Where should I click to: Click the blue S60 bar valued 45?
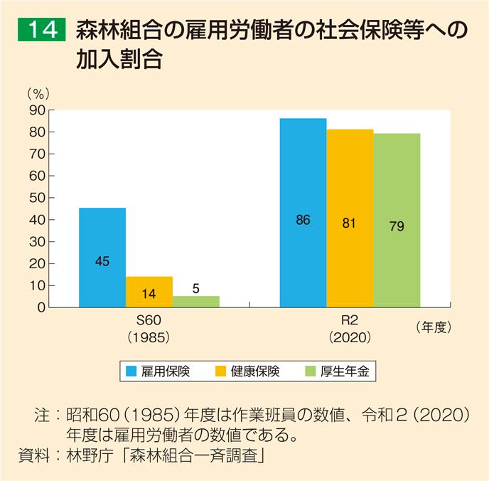[x=102, y=257]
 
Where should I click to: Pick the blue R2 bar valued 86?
[x=303, y=212]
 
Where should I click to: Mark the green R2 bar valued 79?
[x=397, y=220]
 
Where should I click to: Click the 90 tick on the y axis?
[x=37, y=110]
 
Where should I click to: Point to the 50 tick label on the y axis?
[x=37, y=198]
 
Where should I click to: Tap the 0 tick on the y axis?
[x=41, y=307]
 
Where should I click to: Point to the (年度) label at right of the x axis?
[x=432, y=327]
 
